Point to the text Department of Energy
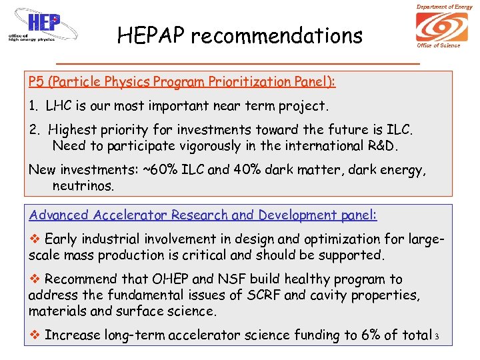pos(444,7)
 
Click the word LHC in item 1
pos(59,106)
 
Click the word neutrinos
pos(83,186)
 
